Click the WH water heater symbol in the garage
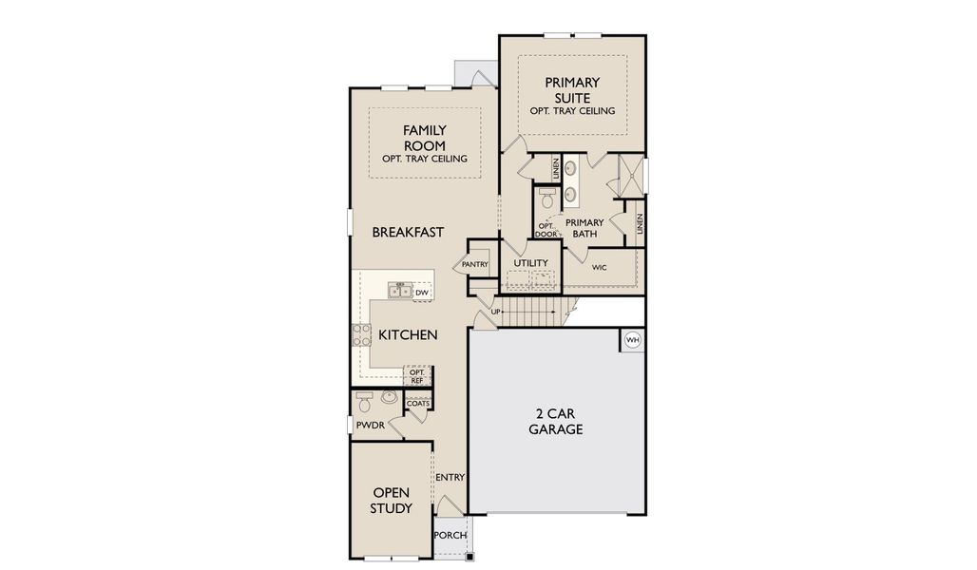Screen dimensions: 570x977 click(632, 339)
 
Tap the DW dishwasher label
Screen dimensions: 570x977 click(422, 293)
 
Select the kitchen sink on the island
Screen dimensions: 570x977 click(400, 291)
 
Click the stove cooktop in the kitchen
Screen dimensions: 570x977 click(361, 334)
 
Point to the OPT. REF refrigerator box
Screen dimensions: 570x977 click(416, 376)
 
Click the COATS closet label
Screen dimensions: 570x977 click(417, 403)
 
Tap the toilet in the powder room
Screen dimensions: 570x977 click(365, 398)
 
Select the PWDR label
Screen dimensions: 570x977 click(370, 426)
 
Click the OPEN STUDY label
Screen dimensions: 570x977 click(392, 501)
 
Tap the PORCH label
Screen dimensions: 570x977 click(450, 535)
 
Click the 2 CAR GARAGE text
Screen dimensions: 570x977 click(556, 421)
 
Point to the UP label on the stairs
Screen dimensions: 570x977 click(495, 312)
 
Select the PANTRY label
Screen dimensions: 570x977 click(475, 264)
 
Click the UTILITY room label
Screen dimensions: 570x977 click(530, 262)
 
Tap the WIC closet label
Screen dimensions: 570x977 click(599, 268)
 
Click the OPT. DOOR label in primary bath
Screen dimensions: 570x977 click(546, 230)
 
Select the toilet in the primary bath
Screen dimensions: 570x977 click(546, 198)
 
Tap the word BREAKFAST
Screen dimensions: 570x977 click(408, 232)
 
